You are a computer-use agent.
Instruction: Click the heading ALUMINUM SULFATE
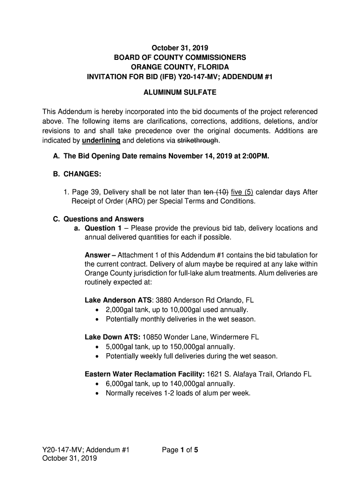pyautogui.click(x=180, y=93)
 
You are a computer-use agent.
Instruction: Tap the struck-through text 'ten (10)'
pyautogui.click(x=216, y=192)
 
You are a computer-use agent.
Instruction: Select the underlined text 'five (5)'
pyautogui.click(x=243, y=192)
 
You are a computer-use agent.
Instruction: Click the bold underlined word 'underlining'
pyautogui.click(x=101, y=140)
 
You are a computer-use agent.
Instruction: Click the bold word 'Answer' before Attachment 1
pyautogui.click(x=97, y=255)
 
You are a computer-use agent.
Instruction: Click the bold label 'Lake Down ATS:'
pyautogui.click(x=113, y=337)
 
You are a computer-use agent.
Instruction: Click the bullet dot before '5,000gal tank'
pyautogui.click(x=97, y=347)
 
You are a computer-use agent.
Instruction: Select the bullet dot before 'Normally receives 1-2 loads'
pyautogui.click(x=97, y=393)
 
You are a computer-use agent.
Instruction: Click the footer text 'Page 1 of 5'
pyautogui.click(x=180, y=450)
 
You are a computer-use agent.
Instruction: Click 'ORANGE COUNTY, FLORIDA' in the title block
pyautogui.click(x=180, y=67)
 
